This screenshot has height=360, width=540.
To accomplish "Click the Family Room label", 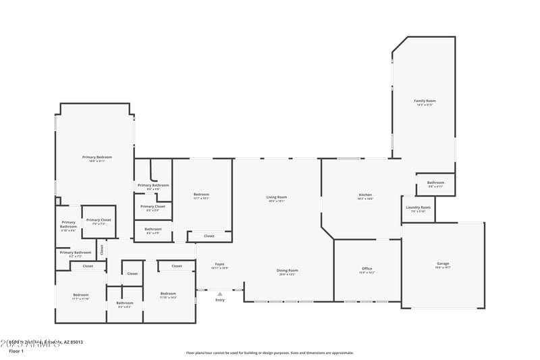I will (425, 101).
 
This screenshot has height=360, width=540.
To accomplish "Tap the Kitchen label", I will (365, 196).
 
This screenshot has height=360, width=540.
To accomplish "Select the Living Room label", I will (277, 197).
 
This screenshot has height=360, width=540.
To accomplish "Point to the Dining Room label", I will (288, 271).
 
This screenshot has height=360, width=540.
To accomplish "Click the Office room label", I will (367, 269).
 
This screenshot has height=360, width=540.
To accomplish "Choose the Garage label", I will (443, 264).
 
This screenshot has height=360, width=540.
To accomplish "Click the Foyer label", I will (220, 264).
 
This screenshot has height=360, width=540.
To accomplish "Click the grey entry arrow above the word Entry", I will (220, 294).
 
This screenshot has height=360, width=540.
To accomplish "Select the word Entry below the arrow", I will (220, 300).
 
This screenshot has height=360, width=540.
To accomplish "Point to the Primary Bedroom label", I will (97, 157).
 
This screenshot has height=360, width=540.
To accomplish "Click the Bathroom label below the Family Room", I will (435, 182).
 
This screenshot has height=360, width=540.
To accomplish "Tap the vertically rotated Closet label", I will (102, 249).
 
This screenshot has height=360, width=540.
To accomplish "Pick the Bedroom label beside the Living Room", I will (201, 195).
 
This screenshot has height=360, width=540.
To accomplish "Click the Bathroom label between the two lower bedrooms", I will (125, 303).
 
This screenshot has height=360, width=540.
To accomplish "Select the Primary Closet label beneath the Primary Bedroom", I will (99, 220).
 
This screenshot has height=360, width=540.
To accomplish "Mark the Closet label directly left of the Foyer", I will (177, 266).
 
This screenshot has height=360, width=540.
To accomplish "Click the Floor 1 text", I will (16, 351).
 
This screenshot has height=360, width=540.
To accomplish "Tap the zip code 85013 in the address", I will (76, 342).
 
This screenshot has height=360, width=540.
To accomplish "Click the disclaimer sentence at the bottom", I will (270, 353).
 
